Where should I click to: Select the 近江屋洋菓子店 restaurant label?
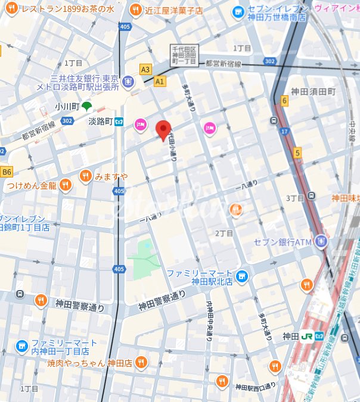(173, 10)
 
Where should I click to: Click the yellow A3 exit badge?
(145, 70)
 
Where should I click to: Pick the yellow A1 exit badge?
(159, 81)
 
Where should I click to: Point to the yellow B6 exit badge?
(7, 172)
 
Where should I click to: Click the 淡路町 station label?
(101, 122)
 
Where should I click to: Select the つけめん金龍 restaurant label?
(32, 185)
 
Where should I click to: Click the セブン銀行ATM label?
(283, 242)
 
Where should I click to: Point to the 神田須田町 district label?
(313, 92)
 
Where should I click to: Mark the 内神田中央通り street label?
(209, 319)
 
